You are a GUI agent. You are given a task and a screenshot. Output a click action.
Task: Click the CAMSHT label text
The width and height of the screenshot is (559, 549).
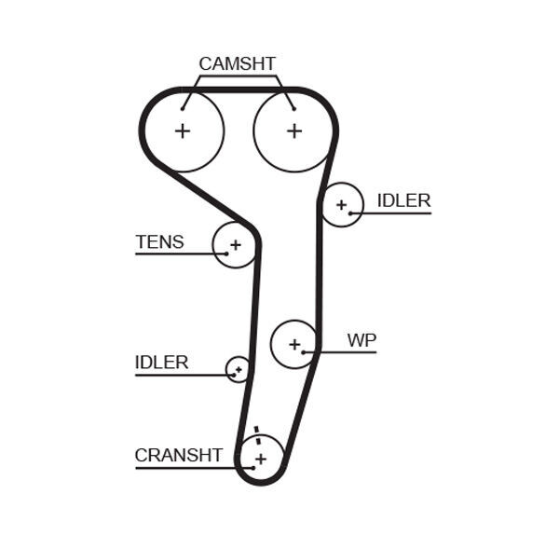[x=237, y=63]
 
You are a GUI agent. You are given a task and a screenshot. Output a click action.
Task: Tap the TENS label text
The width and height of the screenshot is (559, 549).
[x=159, y=242]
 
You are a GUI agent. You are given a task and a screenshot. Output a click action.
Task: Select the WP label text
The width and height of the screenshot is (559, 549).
[x=361, y=340]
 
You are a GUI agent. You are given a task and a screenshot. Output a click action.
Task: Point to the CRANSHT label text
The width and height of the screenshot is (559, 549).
[x=178, y=455]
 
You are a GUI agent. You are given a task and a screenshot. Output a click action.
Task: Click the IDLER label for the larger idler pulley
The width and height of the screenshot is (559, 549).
[x=403, y=200]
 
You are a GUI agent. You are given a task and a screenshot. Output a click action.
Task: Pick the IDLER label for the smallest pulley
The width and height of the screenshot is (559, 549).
[x=161, y=362]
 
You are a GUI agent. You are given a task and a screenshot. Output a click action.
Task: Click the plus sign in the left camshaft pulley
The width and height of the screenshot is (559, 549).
[x=183, y=131]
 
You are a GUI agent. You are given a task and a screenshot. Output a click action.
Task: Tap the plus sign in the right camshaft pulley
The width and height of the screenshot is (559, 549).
[x=294, y=131]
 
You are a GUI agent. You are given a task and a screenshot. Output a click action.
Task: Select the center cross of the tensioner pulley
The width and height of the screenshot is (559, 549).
[x=236, y=245]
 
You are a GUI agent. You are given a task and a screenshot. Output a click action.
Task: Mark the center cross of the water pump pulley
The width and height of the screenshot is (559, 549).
[x=294, y=345]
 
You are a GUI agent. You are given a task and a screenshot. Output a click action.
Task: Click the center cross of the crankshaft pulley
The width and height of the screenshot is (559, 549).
[x=261, y=459]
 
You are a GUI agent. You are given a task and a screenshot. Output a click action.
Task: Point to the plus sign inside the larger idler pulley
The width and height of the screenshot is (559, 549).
[x=342, y=204]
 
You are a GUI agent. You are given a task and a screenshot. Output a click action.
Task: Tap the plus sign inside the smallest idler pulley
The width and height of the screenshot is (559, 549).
[x=239, y=369]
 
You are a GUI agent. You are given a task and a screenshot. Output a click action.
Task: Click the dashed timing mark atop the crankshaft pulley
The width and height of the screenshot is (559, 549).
[x=255, y=433]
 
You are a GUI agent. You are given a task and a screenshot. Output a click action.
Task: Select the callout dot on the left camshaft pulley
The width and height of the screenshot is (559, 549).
[x=184, y=109]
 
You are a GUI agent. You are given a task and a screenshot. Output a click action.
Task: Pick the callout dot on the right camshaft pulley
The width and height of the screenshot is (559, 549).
[x=293, y=109]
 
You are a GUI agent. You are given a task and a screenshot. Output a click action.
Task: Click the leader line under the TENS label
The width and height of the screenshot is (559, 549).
[x=177, y=254]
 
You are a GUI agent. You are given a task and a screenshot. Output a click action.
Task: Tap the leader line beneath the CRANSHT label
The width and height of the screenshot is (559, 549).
[x=186, y=467]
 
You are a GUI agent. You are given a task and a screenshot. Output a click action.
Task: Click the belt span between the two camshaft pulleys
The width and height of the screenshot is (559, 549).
[x=239, y=90]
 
